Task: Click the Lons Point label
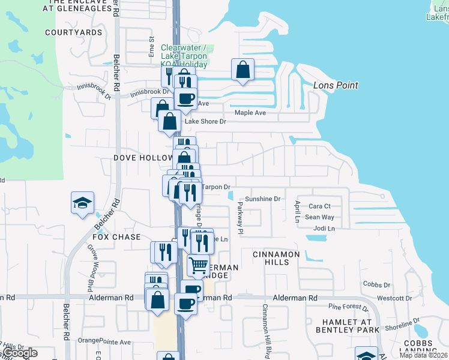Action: [336, 85]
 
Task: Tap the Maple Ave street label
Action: [250, 112]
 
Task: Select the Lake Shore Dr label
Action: [205, 121]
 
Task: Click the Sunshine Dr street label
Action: [262, 199]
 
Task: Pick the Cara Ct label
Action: [319, 206]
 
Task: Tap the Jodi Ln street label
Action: [324, 229]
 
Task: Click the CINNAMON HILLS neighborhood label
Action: [276, 259]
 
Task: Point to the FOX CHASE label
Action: [116, 237]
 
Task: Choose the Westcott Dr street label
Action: [393, 298]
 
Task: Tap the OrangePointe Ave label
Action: [104, 342]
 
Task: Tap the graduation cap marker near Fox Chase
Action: [82, 202]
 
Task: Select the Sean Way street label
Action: [319, 217]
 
